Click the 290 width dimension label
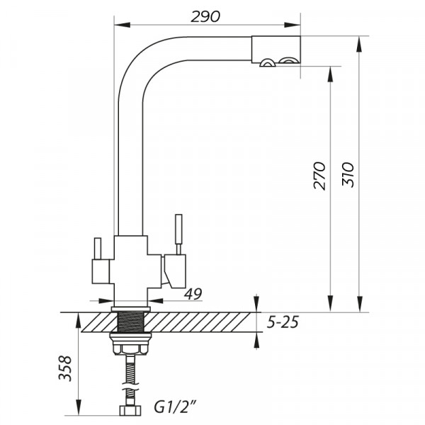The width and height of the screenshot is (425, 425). [x=205, y=17]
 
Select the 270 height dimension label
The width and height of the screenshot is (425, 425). [x=319, y=176]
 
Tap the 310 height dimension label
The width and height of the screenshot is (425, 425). [x=348, y=174]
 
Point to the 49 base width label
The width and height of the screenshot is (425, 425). [x=193, y=294]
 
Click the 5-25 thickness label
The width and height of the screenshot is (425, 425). [x=283, y=322]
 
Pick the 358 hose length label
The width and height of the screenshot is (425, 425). [x=65, y=368]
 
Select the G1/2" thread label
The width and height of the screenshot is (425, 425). [x=175, y=407]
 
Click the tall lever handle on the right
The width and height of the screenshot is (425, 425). [x=178, y=234]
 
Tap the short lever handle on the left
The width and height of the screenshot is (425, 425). [x=98, y=249]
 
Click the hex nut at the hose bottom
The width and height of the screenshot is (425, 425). [x=130, y=410]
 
